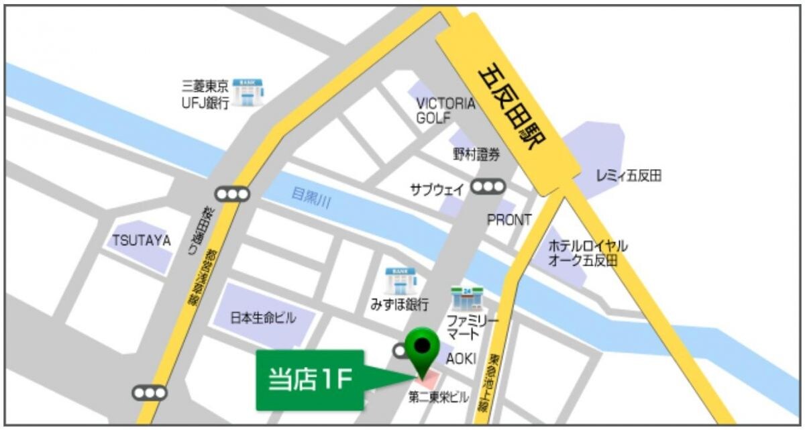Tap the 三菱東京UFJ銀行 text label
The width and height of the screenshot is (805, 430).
click(x=206, y=94)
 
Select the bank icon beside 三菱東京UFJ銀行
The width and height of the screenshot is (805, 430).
click(x=248, y=93)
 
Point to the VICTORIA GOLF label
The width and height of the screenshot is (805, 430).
click(x=445, y=111)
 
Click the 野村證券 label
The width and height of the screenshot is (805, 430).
click(x=476, y=155)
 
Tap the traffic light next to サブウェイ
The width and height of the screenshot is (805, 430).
click(x=488, y=187)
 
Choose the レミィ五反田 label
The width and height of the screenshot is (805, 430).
click(x=629, y=176)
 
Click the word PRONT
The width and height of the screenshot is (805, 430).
click(x=509, y=219)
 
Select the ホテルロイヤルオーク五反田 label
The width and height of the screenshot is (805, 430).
click(x=588, y=253)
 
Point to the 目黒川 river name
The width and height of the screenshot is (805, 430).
click(x=311, y=197)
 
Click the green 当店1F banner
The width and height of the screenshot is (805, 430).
click(x=310, y=380)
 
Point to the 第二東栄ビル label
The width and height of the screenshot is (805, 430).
click(x=439, y=398)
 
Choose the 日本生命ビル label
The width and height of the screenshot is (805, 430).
click(x=263, y=318)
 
